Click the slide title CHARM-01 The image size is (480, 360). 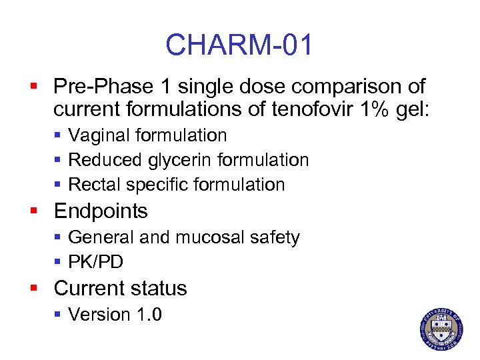pyautogui.click(x=239, y=45)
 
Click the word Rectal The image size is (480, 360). pyautogui.click(x=96, y=185)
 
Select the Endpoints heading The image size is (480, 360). pyautogui.click(x=100, y=211)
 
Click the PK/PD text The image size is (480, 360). pyautogui.click(x=95, y=263)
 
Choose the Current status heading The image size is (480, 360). pyautogui.click(x=120, y=288)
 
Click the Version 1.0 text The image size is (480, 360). pyautogui.click(x=115, y=314)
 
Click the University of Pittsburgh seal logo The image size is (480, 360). pyautogui.click(x=441, y=329)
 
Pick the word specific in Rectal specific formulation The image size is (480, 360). pyautogui.click(x=159, y=185)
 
